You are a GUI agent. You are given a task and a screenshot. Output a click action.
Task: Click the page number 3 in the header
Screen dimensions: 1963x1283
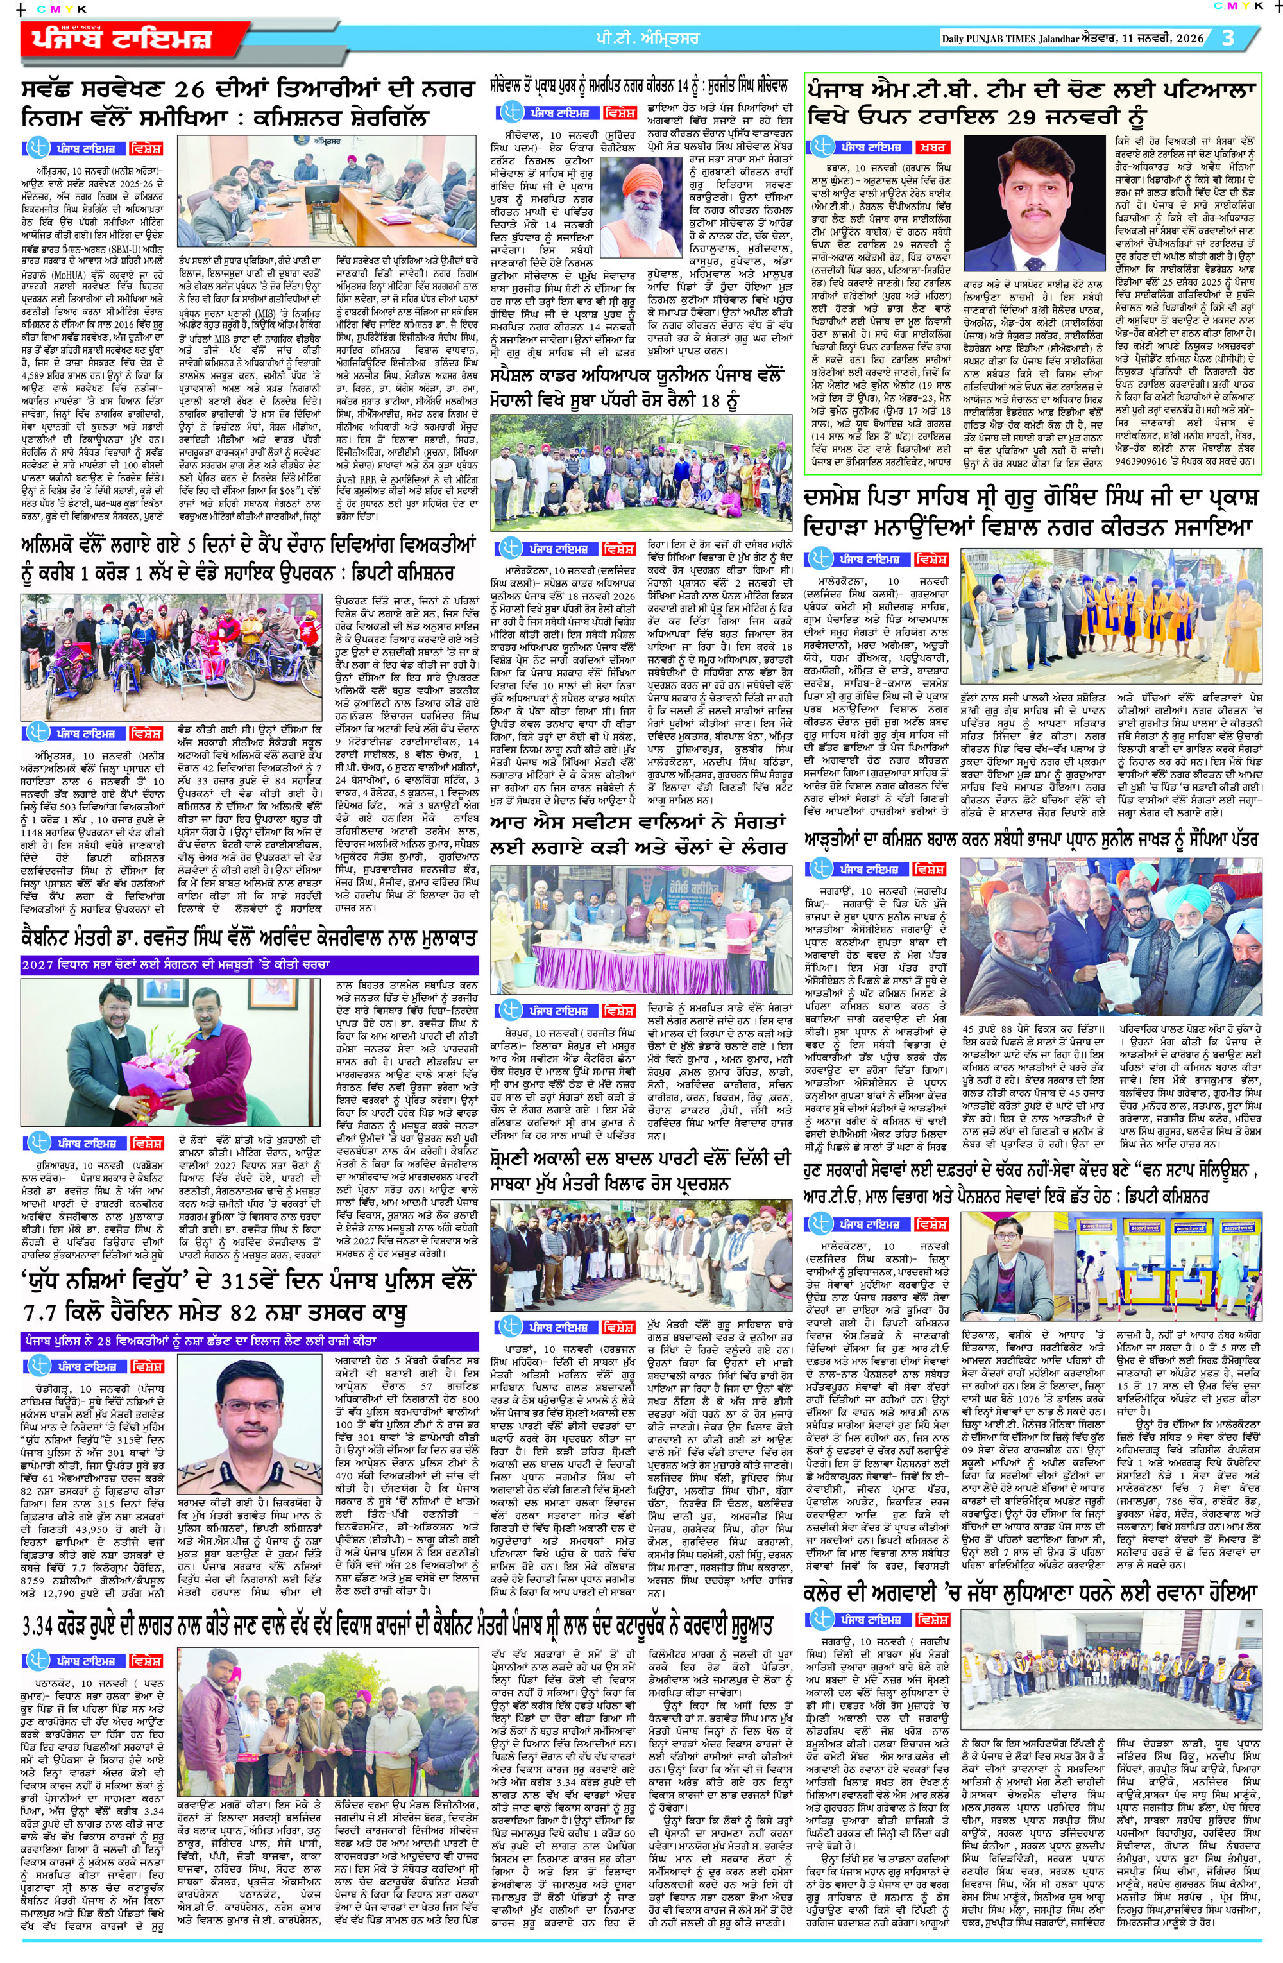point(1228,38)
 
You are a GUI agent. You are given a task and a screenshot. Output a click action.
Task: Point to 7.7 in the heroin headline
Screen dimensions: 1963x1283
point(50,1313)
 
